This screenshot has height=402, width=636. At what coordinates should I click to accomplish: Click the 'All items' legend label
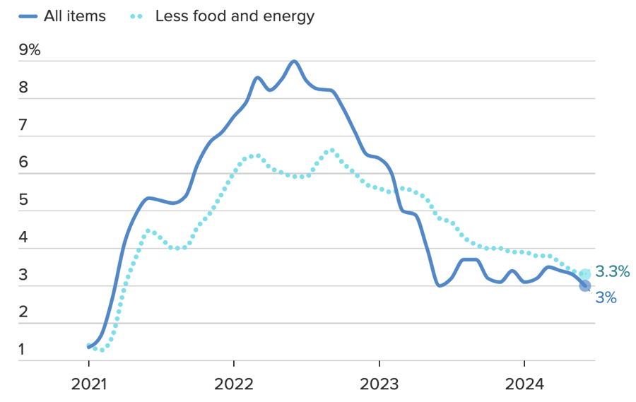74,16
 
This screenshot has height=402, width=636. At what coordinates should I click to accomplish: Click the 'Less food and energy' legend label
235,16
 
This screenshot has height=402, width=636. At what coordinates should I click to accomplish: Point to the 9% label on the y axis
30,51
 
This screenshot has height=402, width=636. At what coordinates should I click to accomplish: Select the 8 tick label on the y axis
23,88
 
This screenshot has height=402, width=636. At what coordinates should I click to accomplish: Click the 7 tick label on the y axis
23,126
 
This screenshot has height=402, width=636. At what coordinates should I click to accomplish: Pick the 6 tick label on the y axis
23,163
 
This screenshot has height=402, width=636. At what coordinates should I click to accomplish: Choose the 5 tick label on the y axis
23,201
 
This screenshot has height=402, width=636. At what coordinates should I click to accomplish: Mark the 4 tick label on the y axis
23,238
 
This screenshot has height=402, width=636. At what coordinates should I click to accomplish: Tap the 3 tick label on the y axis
23,276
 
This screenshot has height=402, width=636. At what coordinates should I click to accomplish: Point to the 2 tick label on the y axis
23,313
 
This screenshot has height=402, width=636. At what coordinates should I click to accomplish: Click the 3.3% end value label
612,272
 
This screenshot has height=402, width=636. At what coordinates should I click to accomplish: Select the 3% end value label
606,298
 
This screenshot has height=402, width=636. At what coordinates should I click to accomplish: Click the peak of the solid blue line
294,61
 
